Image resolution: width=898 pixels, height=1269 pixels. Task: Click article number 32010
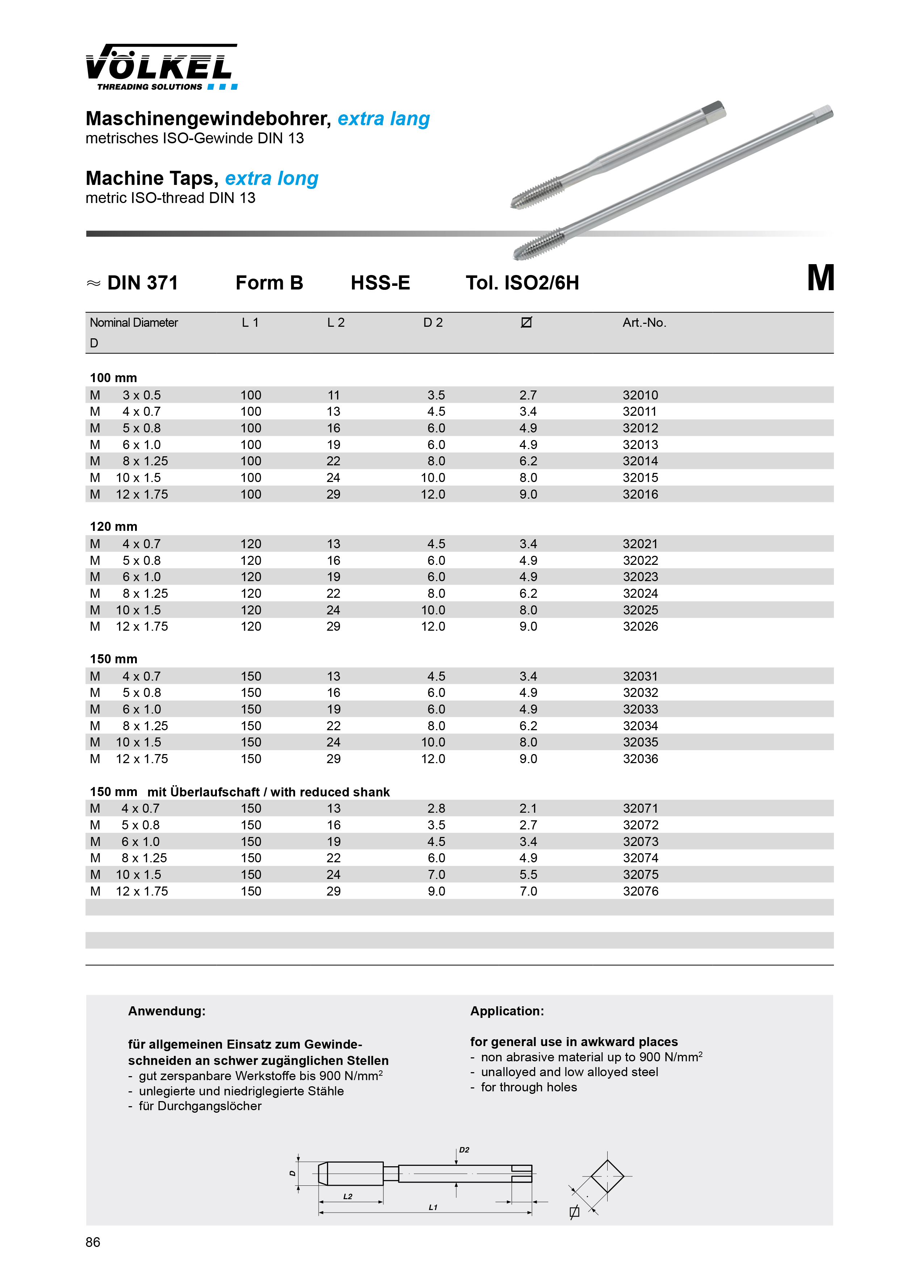[x=640, y=395]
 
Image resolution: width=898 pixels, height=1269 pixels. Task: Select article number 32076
[x=640, y=891]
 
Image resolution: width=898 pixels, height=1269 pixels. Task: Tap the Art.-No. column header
[x=644, y=323]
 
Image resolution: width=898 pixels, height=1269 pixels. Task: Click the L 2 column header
[x=336, y=323]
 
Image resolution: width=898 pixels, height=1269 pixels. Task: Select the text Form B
[x=269, y=283]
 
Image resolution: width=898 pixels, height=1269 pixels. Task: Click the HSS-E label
[x=381, y=283]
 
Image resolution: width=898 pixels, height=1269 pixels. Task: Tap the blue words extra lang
[x=384, y=119]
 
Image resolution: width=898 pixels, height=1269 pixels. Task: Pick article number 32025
[x=640, y=610]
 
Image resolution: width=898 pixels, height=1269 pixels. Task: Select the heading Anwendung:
[x=167, y=1011]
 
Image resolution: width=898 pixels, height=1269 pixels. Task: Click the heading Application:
[x=507, y=1011]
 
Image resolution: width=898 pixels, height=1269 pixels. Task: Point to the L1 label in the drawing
[x=433, y=1207]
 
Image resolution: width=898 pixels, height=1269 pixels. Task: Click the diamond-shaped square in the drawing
[x=607, y=1176]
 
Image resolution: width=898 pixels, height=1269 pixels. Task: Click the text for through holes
[x=529, y=1087]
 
